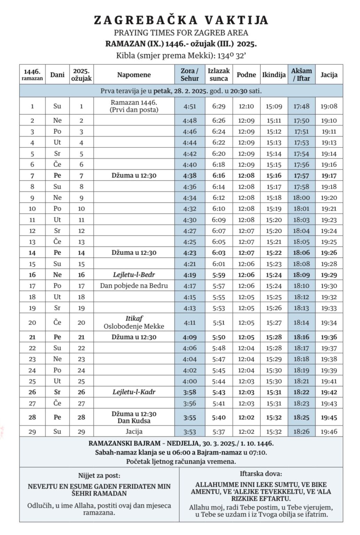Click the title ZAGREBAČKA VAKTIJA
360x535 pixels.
181,20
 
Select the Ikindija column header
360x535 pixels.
274,75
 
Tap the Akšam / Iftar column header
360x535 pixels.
302,75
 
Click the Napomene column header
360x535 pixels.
134,75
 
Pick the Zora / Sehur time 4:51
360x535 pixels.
189,106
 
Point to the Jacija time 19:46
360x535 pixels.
329,432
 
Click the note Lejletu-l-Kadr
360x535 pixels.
134,392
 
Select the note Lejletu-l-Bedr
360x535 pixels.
134,274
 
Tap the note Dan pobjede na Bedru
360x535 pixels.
134,286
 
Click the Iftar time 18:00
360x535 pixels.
302,197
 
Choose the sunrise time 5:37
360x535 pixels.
219,432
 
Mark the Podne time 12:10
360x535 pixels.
246,106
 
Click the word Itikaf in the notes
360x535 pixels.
134,318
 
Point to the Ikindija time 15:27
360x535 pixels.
274,323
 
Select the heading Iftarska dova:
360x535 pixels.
261,474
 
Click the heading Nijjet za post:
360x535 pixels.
99,475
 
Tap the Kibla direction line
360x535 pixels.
181,55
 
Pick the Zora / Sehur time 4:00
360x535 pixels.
189,381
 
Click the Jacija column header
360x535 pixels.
329,75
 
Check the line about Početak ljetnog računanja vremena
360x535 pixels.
181,462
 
